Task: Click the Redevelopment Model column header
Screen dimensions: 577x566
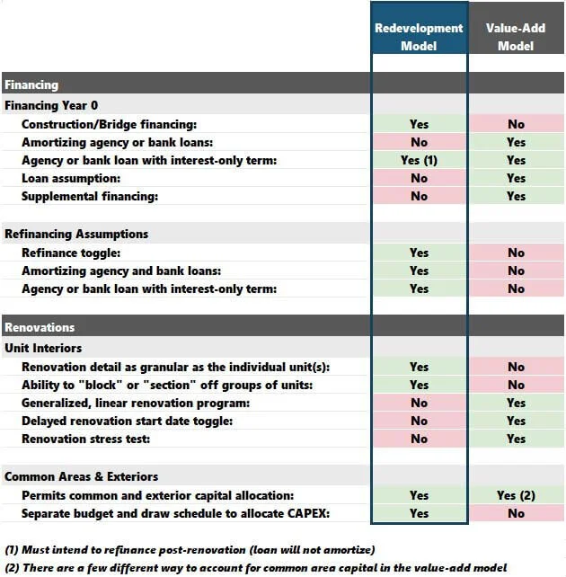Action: click(x=419, y=37)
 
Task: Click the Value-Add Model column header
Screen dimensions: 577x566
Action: click(x=516, y=37)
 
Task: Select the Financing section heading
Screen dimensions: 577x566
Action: click(x=31, y=84)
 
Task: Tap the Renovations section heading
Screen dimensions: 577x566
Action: click(x=40, y=327)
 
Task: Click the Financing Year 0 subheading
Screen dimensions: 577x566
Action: click(x=51, y=105)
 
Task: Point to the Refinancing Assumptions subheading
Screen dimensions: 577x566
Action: click(x=76, y=234)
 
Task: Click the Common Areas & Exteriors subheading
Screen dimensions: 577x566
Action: click(x=81, y=476)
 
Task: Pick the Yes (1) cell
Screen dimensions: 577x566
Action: click(x=419, y=160)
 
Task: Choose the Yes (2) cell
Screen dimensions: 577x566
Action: click(x=516, y=495)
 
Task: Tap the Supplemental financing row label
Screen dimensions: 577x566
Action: click(x=89, y=196)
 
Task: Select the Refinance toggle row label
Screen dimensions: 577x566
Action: click(x=71, y=253)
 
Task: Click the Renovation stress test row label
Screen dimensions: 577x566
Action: click(x=85, y=439)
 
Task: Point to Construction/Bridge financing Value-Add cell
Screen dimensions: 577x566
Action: click(x=516, y=124)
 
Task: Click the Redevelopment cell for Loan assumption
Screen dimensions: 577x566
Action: click(x=419, y=178)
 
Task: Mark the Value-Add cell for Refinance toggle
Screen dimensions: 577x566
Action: click(x=516, y=253)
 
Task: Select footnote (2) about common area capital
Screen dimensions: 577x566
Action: click(x=255, y=567)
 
